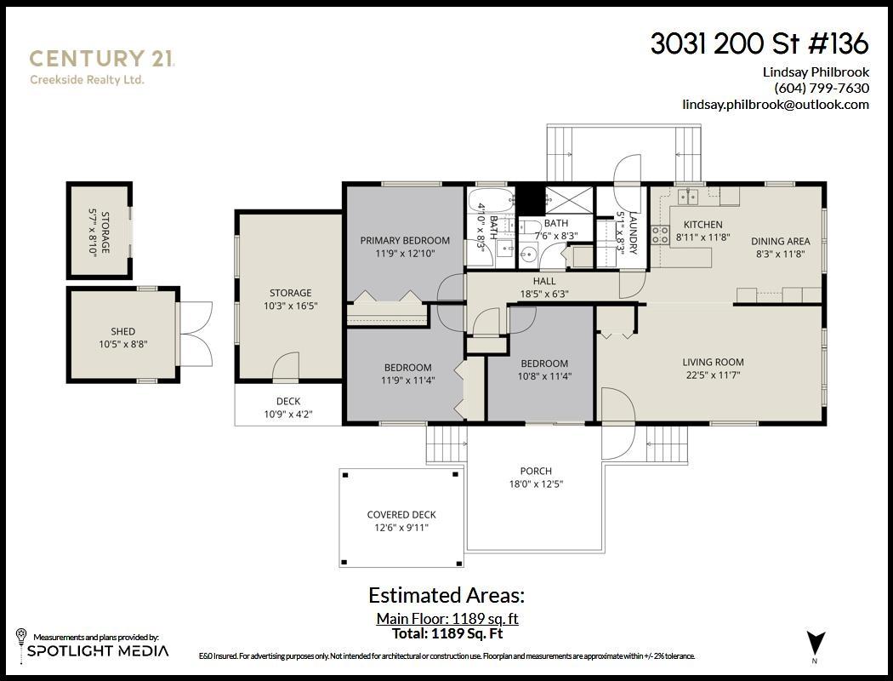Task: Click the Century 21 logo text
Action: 102,59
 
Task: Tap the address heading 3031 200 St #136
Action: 759,43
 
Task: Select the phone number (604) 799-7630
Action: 821,88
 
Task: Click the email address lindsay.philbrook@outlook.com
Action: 775,105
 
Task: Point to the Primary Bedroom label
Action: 405,241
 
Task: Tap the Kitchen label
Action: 702,225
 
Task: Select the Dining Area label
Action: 782,241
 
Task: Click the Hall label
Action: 544,281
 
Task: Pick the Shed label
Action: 122,332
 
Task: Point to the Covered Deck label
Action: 401,515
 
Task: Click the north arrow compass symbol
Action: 815,642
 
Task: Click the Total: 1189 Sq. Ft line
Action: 446,634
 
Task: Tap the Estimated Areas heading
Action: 446,595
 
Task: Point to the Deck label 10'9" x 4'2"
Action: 287,408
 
